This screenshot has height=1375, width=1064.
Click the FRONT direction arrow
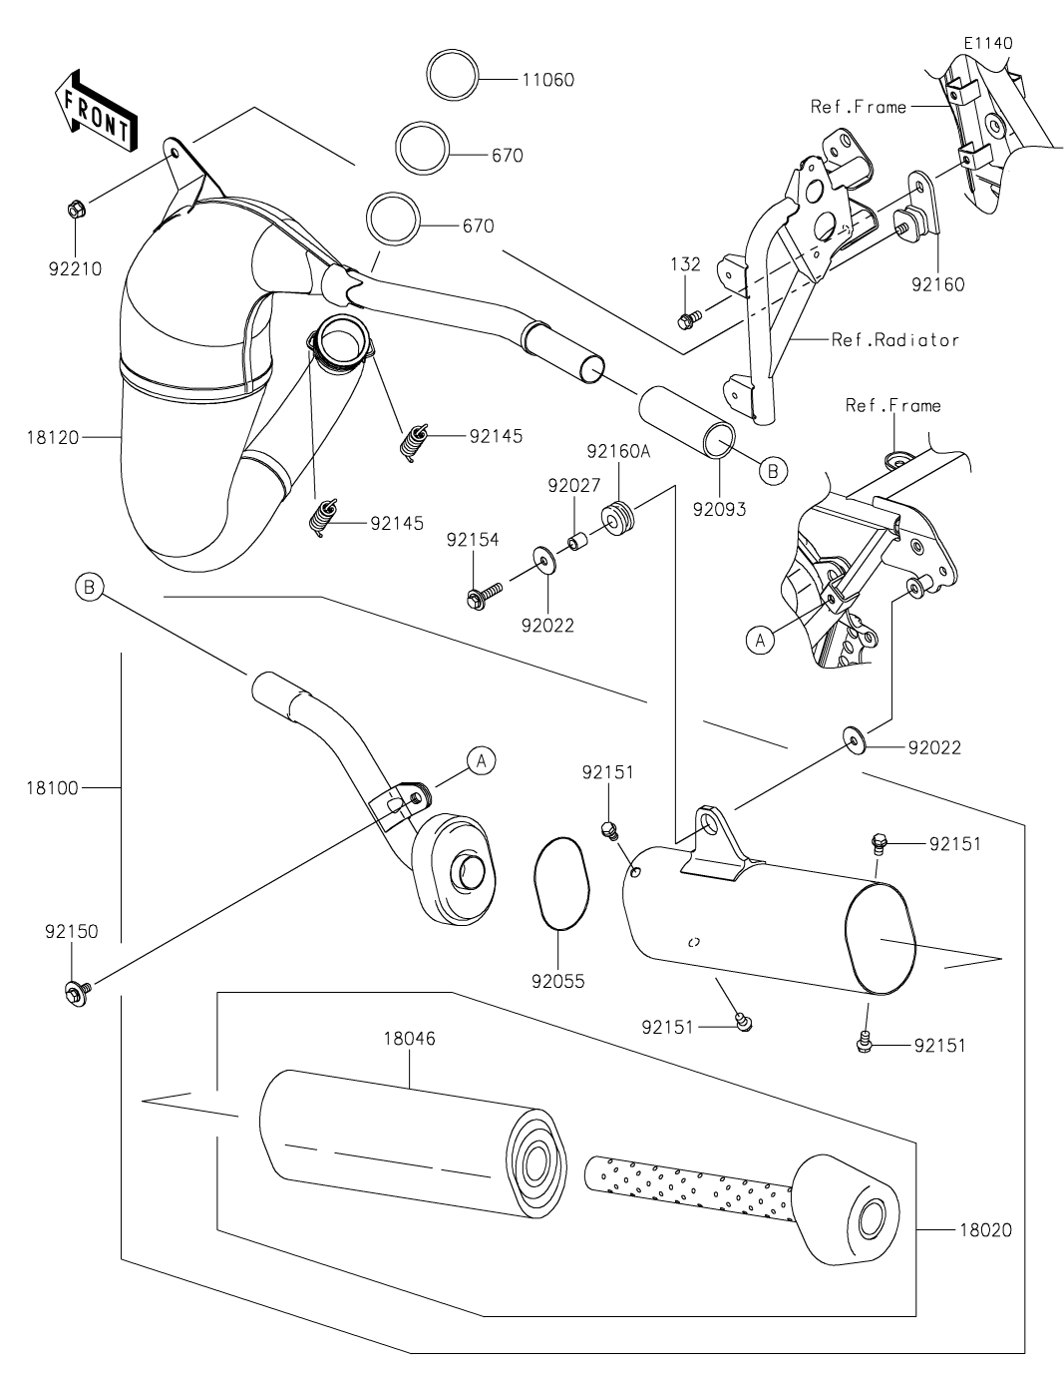coord(97,111)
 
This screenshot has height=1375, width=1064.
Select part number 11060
coord(547,80)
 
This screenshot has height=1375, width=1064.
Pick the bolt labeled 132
coord(686,319)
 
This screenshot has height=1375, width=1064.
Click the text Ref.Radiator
coord(894,340)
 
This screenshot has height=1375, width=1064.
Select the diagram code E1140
coord(987,43)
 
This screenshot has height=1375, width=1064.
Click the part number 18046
coord(409,1039)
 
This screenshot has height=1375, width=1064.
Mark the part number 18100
coord(52,788)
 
